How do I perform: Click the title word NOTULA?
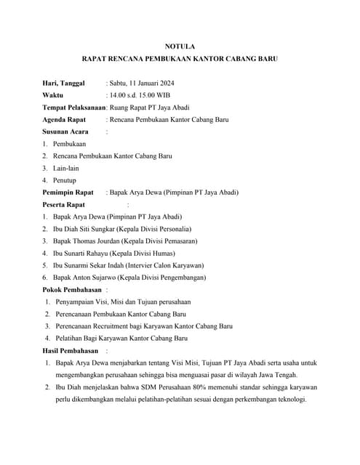pyautogui.click(x=180, y=46)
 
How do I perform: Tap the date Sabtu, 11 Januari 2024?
pyautogui.click(x=145, y=83)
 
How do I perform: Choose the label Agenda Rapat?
pyautogui.click(x=64, y=119)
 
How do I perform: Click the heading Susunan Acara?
pyautogui.click(x=65, y=132)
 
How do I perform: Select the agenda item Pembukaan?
pyautogui.click(x=70, y=144)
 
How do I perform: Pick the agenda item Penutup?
pyautogui.click(x=65, y=179)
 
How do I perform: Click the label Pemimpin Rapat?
pyautogui.click(x=68, y=192)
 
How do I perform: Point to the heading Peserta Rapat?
pyautogui.click(x=64, y=204)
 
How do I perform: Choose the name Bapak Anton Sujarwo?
pyautogui.click(x=87, y=277)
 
